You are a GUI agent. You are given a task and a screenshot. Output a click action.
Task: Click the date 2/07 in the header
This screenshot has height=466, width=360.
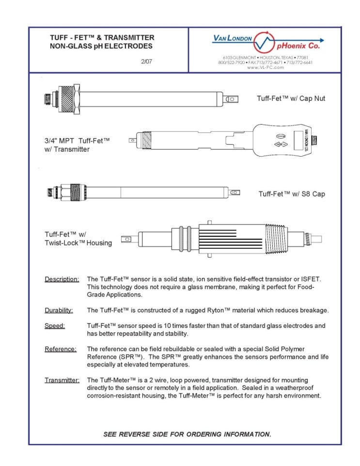146,62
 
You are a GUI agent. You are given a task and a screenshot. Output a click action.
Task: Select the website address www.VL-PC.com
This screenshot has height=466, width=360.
265,67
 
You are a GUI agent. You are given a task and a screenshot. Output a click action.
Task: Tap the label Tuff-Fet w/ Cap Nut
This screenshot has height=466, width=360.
291,98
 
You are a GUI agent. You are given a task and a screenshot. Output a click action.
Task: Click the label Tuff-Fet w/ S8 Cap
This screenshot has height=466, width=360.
292,194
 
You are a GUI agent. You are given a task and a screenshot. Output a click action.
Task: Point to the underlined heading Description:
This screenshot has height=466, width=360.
62,279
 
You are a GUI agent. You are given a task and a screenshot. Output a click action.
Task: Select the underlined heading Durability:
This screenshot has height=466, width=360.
59,310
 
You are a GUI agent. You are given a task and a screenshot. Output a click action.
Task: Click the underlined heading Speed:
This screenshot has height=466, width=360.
55,326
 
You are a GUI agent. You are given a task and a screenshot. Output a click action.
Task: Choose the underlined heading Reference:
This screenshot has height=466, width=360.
61,349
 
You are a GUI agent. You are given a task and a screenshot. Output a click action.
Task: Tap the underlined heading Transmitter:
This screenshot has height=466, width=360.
62,380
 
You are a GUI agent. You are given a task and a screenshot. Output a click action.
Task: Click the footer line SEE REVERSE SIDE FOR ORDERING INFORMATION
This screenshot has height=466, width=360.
187,434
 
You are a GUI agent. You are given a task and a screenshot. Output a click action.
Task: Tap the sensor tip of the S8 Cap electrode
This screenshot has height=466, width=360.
234,193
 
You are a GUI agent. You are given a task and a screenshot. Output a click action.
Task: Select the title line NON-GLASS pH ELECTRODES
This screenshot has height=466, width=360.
101,47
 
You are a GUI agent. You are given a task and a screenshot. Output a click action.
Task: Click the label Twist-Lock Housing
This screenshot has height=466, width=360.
78,242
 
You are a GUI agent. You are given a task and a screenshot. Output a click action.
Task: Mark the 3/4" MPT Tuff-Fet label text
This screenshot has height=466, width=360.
77,141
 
